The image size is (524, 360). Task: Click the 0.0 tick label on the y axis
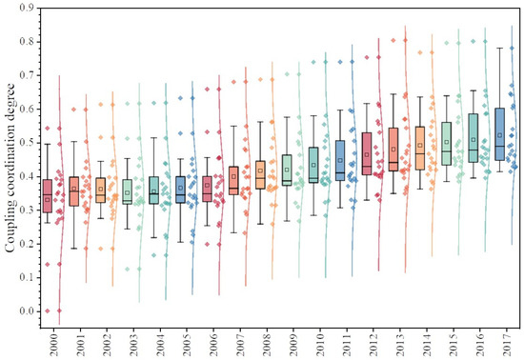26,311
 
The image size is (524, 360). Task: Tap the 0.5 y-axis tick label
26,143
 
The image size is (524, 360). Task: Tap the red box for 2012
368,154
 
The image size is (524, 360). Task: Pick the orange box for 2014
420,148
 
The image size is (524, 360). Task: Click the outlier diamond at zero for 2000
35,311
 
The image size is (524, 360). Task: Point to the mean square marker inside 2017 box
500,135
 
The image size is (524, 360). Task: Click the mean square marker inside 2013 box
393,149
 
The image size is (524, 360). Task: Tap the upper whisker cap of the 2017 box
500,48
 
